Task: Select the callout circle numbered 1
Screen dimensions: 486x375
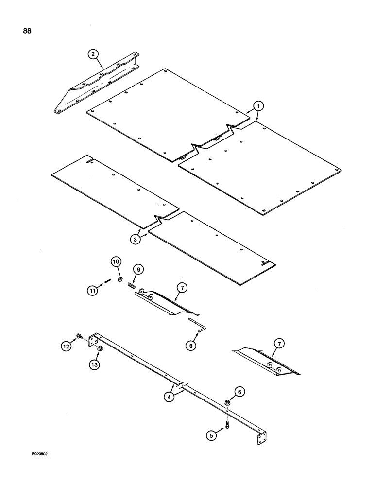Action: click(259, 105)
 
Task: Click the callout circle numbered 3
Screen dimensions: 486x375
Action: click(136, 239)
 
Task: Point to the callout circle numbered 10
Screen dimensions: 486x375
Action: click(116, 262)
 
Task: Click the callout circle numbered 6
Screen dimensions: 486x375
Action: click(239, 391)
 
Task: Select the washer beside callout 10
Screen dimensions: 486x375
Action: click(120, 280)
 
